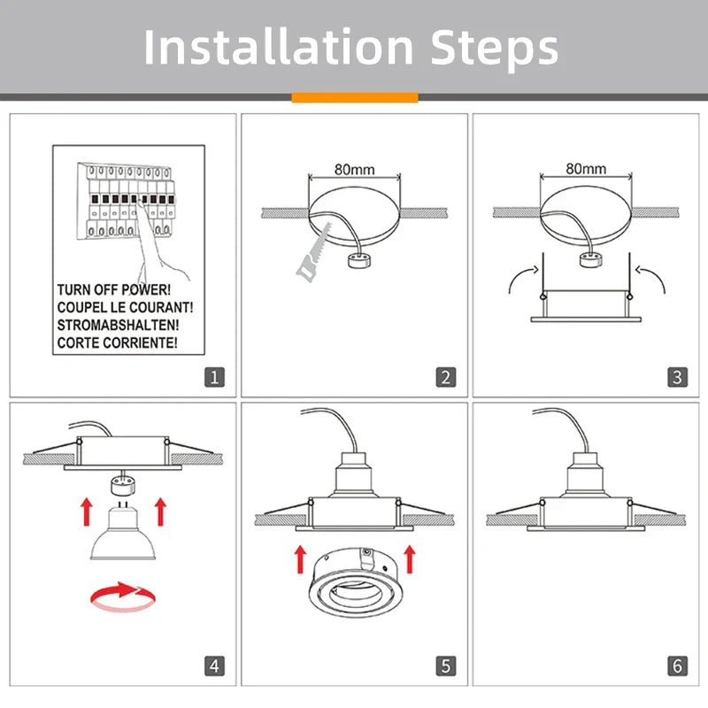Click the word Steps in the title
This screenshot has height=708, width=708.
(495, 49)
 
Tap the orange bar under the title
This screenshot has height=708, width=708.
(354, 97)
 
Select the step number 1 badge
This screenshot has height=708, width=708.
(214, 377)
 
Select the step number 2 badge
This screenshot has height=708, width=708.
(446, 377)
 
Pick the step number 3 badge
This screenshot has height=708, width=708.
(677, 377)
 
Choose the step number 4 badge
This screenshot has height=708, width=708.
(214, 665)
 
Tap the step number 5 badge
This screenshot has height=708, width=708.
(446, 665)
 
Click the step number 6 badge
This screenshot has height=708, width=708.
(677, 665)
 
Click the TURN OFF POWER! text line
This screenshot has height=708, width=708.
(113, 289)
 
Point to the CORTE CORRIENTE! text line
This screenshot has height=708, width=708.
(117, 341)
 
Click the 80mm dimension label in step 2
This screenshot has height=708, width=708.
(354, 168)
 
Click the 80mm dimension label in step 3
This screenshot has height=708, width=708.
(586, 168)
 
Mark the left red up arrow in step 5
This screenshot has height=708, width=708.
(301, 559)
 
